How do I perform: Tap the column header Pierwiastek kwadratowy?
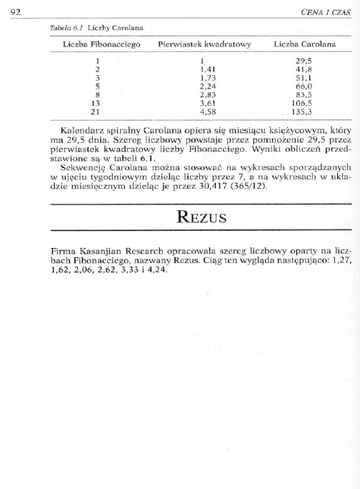[x=204, y=44]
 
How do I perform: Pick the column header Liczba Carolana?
[x=304, y=44]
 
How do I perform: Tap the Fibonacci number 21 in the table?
[x=94, y=112]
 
